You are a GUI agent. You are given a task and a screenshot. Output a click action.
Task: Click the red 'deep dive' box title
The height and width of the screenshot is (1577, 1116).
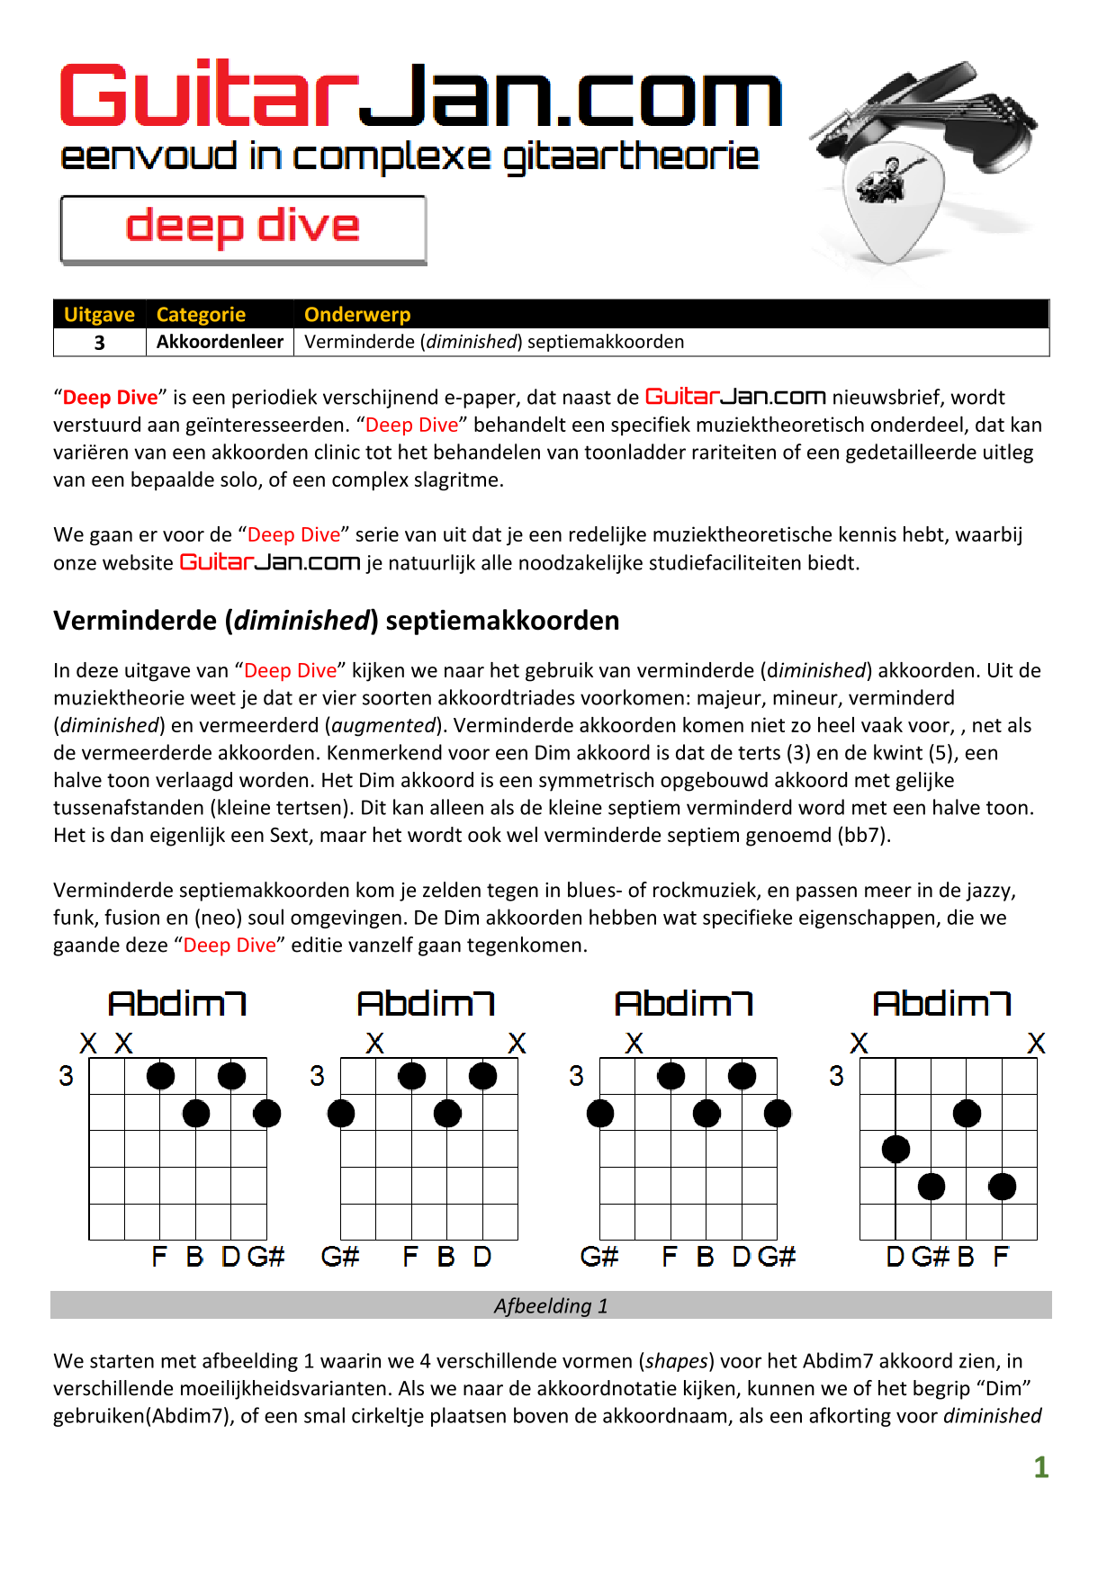[242, 226]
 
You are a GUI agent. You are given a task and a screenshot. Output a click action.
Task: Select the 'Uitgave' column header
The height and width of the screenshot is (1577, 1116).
[99, 315]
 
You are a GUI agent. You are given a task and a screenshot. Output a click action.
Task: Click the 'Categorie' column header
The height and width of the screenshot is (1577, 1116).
[201, 315]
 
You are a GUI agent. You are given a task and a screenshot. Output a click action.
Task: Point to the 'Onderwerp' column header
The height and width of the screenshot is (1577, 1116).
[357, 315]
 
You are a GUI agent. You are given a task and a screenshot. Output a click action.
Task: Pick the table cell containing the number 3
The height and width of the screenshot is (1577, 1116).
[100, 343]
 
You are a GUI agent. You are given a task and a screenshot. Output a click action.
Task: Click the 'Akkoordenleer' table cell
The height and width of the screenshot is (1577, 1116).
[220, 342]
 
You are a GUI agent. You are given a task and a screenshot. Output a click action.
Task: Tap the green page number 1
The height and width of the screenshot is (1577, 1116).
[1040, 1467]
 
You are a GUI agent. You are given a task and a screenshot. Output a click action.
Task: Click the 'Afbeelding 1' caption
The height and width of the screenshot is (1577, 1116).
[551, 1305]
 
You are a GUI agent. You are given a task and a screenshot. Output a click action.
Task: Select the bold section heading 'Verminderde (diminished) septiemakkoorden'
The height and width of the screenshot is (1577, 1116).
[336, 621]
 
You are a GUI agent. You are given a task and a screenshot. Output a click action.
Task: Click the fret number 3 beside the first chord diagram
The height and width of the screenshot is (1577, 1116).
[66, 1076]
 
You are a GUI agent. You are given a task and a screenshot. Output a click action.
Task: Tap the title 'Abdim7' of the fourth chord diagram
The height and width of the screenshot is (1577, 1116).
[941, 1004]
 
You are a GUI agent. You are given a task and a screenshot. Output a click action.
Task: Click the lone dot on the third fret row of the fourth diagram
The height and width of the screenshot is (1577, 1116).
[895, 1149]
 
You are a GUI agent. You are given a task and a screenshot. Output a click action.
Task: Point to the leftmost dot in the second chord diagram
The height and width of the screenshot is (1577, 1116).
[341, 1114]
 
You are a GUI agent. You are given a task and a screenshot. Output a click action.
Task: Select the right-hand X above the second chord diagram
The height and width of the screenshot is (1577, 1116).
[517, 1044]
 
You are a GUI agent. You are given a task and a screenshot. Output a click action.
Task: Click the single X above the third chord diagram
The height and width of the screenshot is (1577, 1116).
[634, 1044]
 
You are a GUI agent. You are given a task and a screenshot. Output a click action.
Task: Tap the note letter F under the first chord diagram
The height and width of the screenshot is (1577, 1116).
[159, 1257]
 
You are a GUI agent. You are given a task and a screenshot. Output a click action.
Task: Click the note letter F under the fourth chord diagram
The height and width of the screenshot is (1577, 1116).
[1001, 1257]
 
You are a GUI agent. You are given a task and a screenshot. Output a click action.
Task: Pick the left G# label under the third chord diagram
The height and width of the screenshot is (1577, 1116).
[599, 1257]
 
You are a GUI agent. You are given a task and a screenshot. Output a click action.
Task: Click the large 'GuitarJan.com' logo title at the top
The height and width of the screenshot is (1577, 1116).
[420, 97]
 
